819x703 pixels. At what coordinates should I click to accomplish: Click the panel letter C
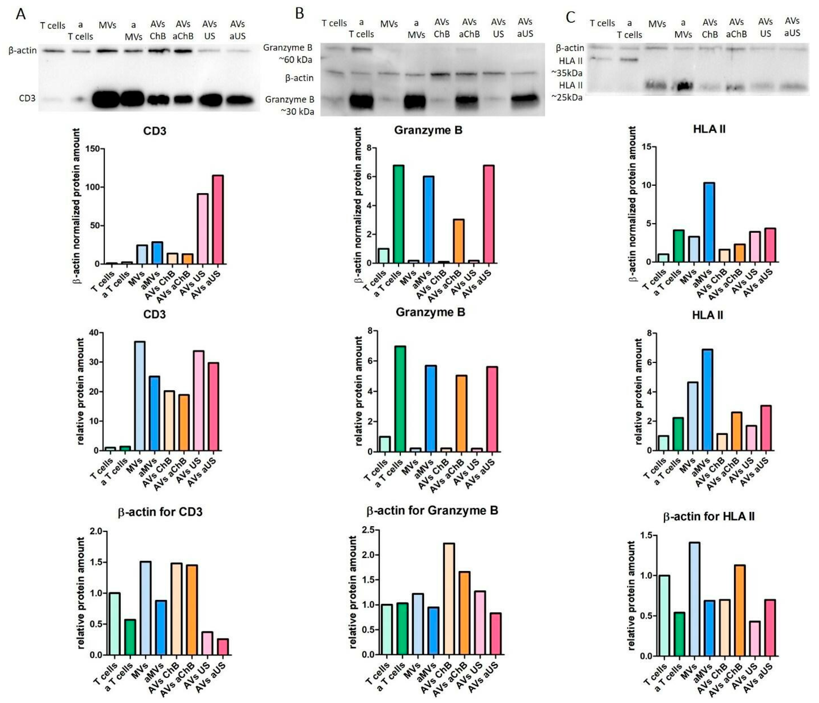[570, 17]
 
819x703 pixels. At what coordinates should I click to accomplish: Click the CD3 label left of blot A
[27, 98]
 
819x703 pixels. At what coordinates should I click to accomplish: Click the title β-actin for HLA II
[708, 516]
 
